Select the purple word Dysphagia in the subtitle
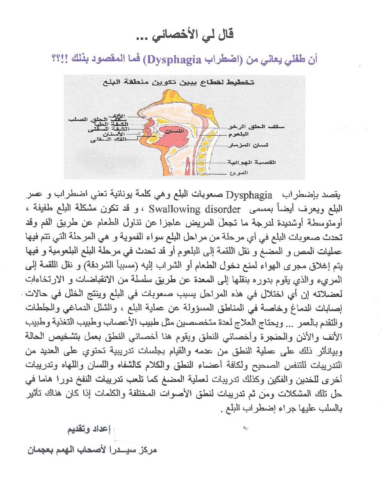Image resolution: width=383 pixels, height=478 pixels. point(174,60)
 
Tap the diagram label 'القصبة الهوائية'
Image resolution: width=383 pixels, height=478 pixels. point(252,162)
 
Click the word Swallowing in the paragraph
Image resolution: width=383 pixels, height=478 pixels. point(174,210)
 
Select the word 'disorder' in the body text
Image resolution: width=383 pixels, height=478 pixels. point(223,210)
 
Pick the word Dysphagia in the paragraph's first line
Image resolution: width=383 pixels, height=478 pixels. point(249,195)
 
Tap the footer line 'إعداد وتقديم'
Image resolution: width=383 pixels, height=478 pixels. point(89,429)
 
